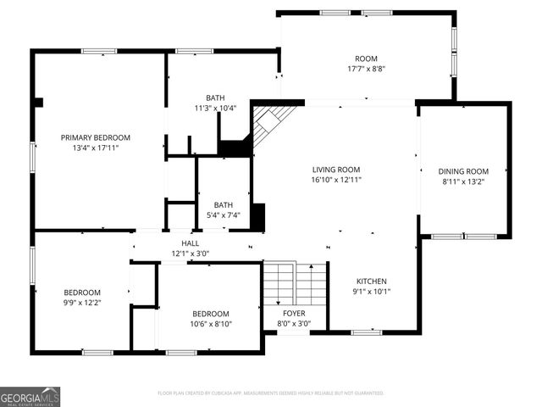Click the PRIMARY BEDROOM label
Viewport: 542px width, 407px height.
(x=95, y=137)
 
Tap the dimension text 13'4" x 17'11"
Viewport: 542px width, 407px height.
(x=95, y=148)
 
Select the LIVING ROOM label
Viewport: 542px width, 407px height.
(x=336, y=170)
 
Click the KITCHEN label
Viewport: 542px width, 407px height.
(x=371, y=282)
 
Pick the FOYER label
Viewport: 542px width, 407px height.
(x=294, y=313)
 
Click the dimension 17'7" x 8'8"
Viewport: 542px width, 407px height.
(x=366, y=69)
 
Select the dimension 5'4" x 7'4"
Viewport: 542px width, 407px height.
(x=224, y=215)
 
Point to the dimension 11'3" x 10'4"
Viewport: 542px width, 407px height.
(x=215, y=108)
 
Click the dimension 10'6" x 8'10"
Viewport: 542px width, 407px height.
(x=210, y=323)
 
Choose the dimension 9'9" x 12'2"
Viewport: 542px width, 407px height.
(x=82, y=303)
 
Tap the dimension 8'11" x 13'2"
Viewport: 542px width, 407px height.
(x=464, y=181)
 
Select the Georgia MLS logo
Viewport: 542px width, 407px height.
(x=30, y=396)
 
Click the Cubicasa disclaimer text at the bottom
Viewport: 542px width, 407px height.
(x=271, y=393)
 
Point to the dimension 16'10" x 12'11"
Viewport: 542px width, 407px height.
(x=336, y=180)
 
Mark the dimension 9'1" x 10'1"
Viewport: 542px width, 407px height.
(x=371, y=292)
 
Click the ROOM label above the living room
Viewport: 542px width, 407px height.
(x=366, y=59)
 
